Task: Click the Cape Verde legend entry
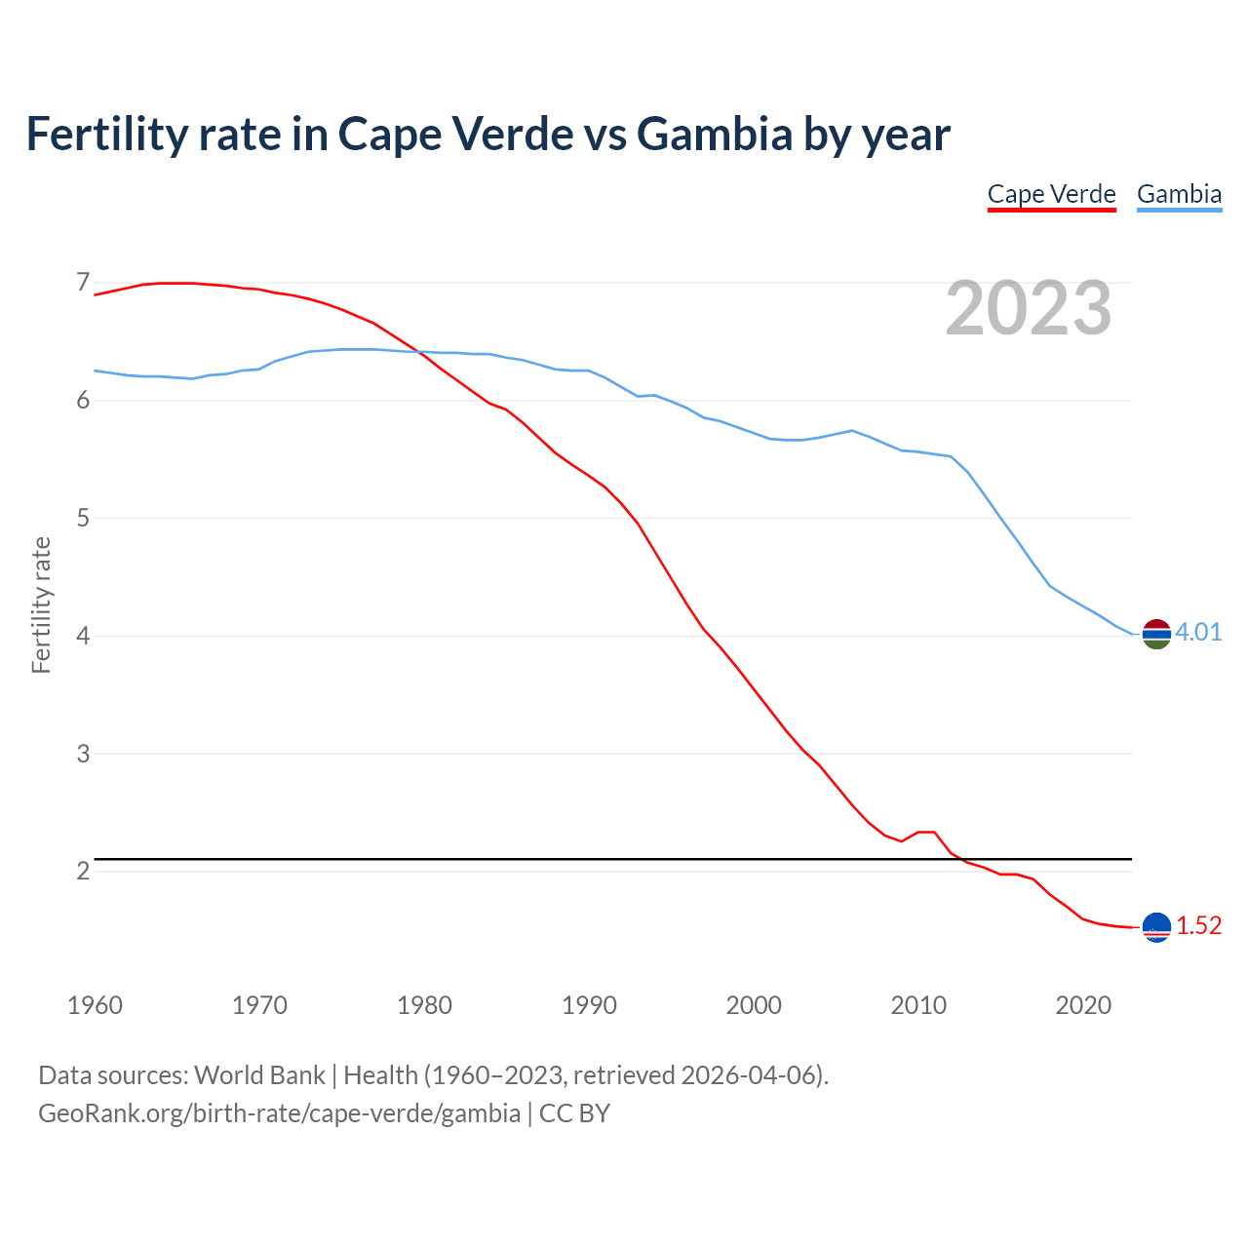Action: [x=1051, y=194]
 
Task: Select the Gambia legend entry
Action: [x=1179, y=194]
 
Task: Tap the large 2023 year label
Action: [x=1029, y=308]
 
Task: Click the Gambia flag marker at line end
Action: [x=1156, y=633]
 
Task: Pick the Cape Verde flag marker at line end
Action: [x=1156, y=927]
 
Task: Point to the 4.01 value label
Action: [x=1198, y=633]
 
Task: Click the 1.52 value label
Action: [x=1198, y=926]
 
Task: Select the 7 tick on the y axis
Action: [x=83, y=283]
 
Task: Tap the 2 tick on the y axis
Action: [x=83, y=871]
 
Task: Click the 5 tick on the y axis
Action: [x=83, y=518]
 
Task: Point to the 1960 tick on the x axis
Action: [x=95, y=1005]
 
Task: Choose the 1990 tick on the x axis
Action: [x=589, y=1005]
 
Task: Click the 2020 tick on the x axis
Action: [x=1083, y=1005]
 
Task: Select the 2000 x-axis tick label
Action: [x=754, y=1005]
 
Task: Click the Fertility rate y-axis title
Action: [x=41, y=604]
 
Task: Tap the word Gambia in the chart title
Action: [x=714, y=134]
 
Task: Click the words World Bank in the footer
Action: [x=259, y=1075]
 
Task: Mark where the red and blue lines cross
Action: [x=420, y=352]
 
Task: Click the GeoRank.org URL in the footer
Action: [x=279, y=1113]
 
